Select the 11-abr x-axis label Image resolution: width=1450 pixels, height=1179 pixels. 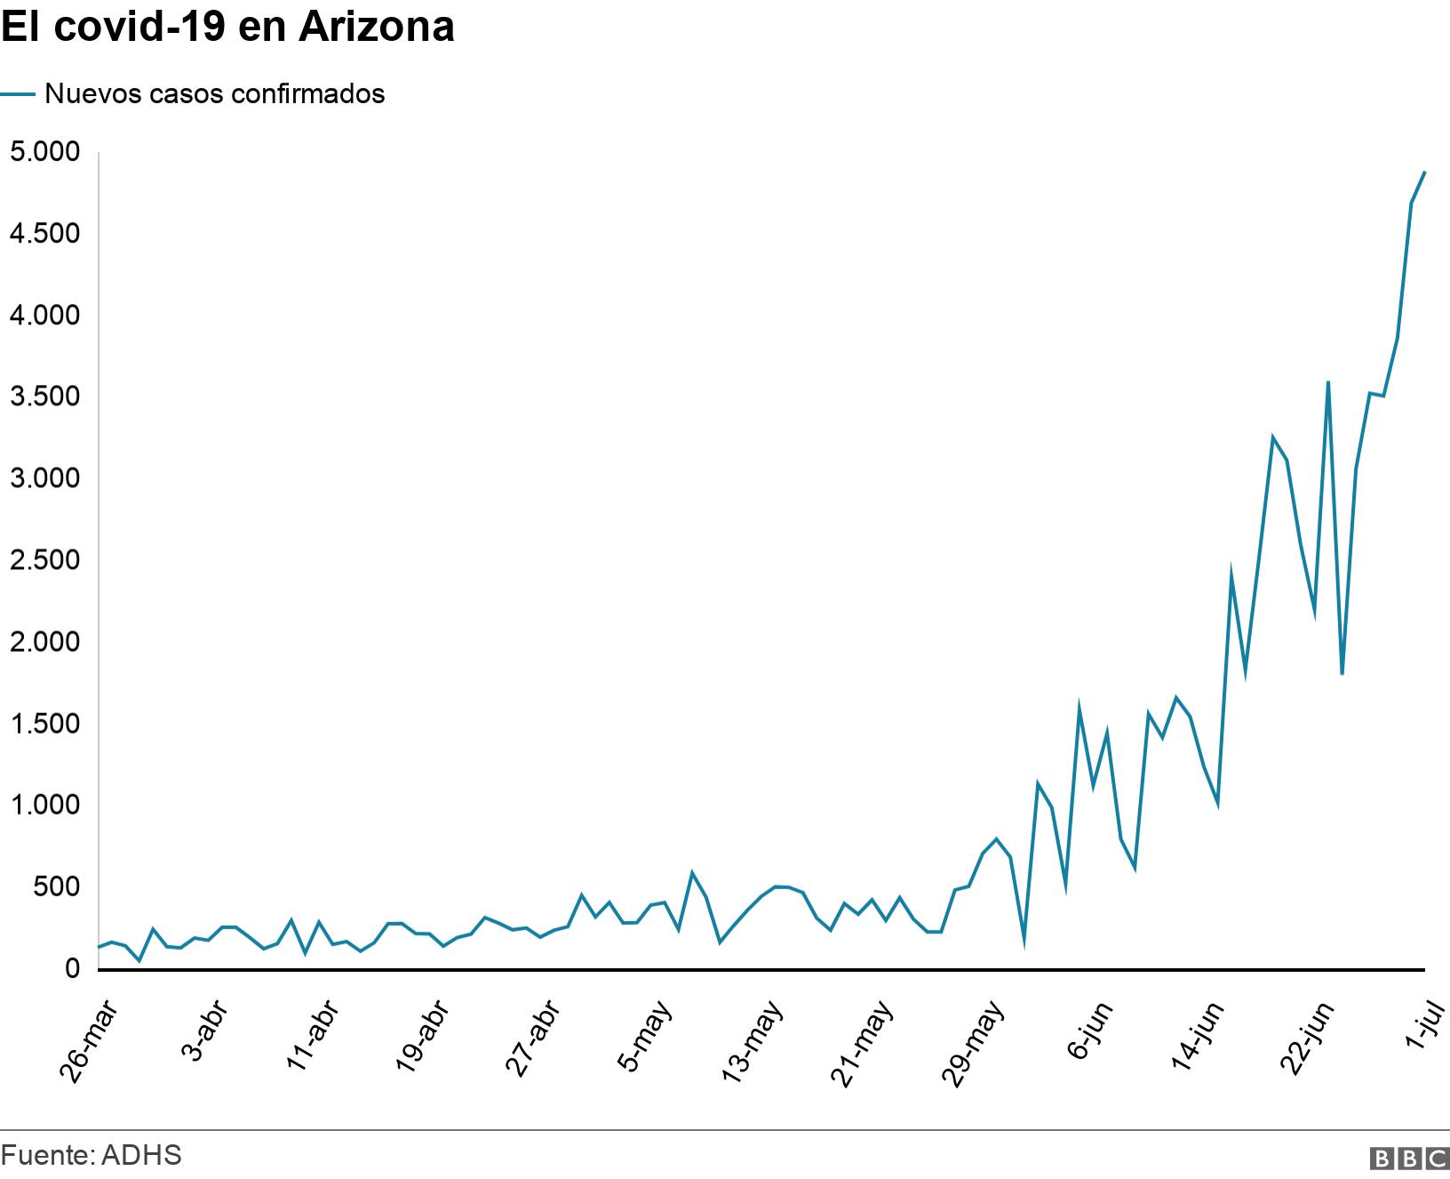(310, 1039)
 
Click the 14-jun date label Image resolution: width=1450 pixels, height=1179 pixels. (1196, 1039)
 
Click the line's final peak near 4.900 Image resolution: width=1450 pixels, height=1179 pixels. (1424, 172)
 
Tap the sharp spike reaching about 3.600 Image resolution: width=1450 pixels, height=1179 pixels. (1327, 382)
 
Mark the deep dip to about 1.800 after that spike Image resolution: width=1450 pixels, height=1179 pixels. (1342, 674)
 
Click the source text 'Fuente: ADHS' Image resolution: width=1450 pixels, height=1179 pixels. (92, 1155)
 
